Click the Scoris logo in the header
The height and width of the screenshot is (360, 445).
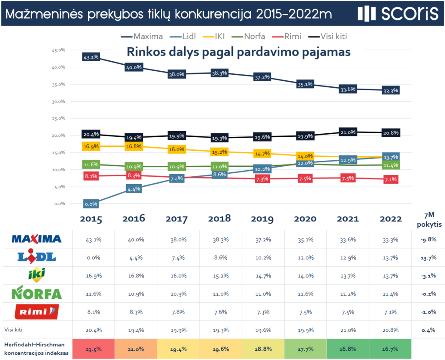point(398,14)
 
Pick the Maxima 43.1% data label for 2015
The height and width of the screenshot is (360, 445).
point(91,57)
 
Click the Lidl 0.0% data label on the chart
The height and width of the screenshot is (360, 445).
point(91,204)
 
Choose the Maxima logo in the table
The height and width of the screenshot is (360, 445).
point(37,239)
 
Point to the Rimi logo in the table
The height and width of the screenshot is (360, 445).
point(37,311)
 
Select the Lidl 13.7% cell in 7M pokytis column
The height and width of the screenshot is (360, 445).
point(428,257)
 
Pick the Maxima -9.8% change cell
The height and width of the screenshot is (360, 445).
point(428,239)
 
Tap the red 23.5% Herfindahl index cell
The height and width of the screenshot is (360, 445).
point(91,349)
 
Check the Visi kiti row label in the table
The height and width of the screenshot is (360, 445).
point(15,330)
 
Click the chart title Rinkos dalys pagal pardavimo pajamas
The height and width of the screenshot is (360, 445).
point(238,52)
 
